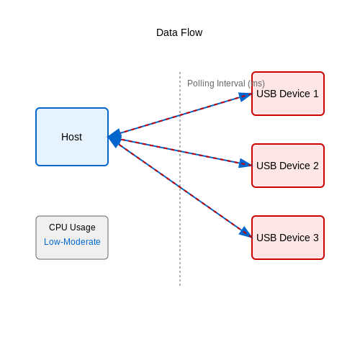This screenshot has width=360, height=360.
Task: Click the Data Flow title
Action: click(x=179, y=32)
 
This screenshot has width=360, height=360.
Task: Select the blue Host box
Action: click(x=72, y=137)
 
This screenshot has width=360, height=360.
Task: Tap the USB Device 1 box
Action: click(x=288, y=94)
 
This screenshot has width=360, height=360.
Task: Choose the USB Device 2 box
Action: click(x=288, y=166)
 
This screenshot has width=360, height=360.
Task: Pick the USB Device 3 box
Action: click(x=288, y=238)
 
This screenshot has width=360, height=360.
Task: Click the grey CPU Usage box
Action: click(x=72, y=238)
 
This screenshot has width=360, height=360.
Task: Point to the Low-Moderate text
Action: click(x=72, y=242)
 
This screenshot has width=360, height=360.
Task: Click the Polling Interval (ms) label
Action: click(x=226, y=84)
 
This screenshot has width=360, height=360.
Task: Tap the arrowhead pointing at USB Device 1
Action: click(x=246, y=96)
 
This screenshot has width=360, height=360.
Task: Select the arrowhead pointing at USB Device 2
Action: click(x=245, y=163)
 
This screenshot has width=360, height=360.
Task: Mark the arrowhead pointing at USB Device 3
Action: click(x=246, y=233)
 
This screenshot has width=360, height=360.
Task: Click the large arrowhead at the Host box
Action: click(x=114, y=138)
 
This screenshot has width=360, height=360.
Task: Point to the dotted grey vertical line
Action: click(x=180, y=179)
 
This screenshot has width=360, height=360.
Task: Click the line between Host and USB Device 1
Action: click(x=180, y=115)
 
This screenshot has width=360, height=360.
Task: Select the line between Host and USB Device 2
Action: click(x=180, y=151)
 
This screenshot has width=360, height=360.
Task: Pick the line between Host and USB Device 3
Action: click(x=180, y=187)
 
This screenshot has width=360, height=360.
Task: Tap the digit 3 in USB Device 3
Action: click(x=316, y=238)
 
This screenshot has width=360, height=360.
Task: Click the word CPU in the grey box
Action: click(x=58, y=228)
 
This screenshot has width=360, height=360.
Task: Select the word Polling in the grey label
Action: click(x=201, y=84)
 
